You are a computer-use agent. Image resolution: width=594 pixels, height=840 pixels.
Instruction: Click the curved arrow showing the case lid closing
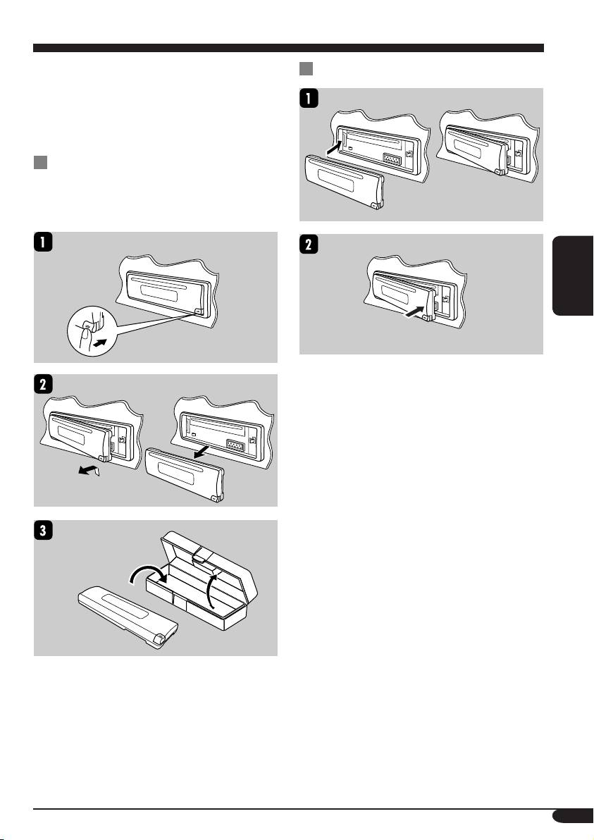click(211, 591)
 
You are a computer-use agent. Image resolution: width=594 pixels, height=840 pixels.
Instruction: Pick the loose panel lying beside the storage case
click(128, 618)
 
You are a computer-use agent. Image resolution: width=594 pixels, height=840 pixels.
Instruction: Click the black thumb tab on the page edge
click(573, 276)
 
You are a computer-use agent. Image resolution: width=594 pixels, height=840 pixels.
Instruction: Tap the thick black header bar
click(288, 48)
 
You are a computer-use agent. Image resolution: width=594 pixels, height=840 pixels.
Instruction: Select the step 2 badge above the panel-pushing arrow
click(309, 245)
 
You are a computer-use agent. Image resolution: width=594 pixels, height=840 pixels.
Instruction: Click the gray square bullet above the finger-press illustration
click(40, 162)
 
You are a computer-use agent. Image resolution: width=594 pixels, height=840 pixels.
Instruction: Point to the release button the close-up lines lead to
click(197, 311)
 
